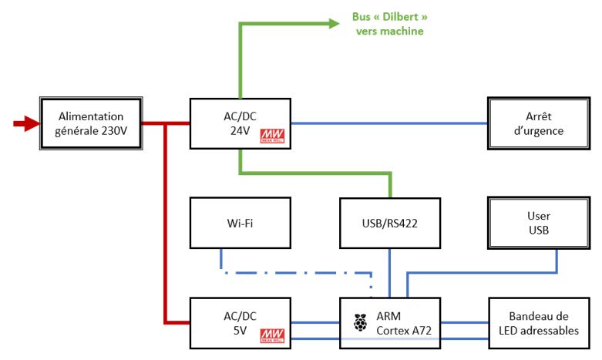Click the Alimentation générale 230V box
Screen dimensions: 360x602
click(91, 123)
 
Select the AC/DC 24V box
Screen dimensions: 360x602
click(240, 123)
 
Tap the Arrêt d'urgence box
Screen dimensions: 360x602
click(538, 123)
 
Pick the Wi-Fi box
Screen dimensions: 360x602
click(240, 224)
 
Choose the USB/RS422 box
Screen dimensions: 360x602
click(390, 224)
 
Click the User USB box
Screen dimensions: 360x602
click(538, 224)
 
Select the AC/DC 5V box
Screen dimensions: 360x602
click(240, 322)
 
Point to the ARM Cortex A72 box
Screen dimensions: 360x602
click(390, 322)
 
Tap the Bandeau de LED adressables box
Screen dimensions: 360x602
click(538, 322)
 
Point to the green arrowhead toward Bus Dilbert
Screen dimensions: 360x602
click(335, 24)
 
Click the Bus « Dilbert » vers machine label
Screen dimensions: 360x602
click(389, 25)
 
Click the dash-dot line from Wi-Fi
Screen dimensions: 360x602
click(293, 271)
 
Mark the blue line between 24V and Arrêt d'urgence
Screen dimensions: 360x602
click(389, 123)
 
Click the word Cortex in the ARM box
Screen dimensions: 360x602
click(394, 330)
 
